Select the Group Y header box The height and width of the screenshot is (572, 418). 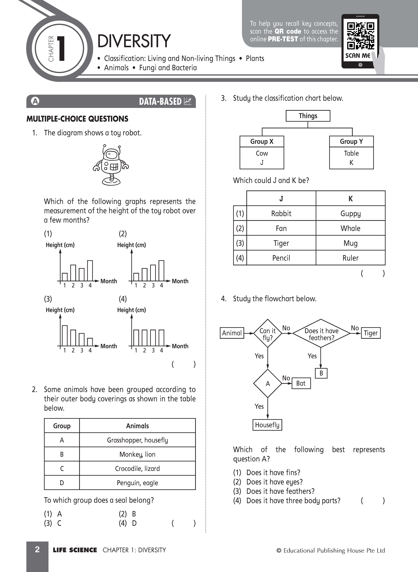351,141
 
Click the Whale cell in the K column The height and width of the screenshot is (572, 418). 350,228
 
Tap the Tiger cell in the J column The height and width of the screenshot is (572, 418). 281,243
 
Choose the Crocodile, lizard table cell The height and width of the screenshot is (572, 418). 137,469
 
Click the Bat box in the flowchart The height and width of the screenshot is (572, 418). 301,383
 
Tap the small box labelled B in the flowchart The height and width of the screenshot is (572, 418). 321,373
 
